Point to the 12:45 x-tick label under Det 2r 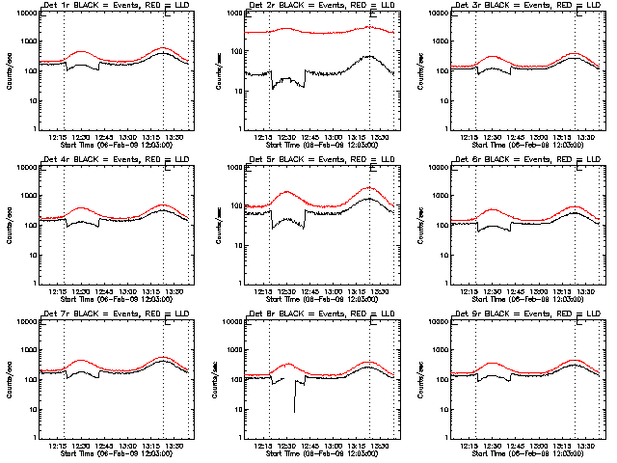pos(310,137)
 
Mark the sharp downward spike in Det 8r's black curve pos(294,411)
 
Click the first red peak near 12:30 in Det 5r pos(287,192)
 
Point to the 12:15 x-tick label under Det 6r pos(470,291)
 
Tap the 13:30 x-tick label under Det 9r pos(586,446)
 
